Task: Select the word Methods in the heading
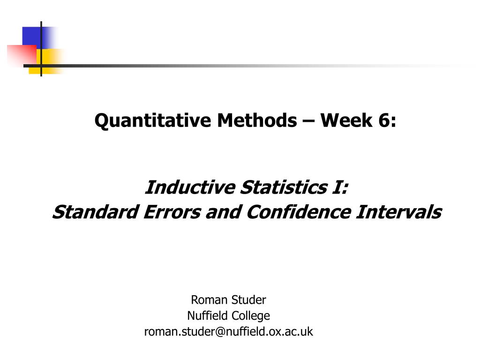pos(256,121)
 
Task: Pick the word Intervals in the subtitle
pos(398,212)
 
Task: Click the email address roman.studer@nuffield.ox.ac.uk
pos(228,332)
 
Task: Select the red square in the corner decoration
pos(21,54)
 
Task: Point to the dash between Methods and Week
pos(308,122)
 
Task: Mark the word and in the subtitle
pos(226,212)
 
